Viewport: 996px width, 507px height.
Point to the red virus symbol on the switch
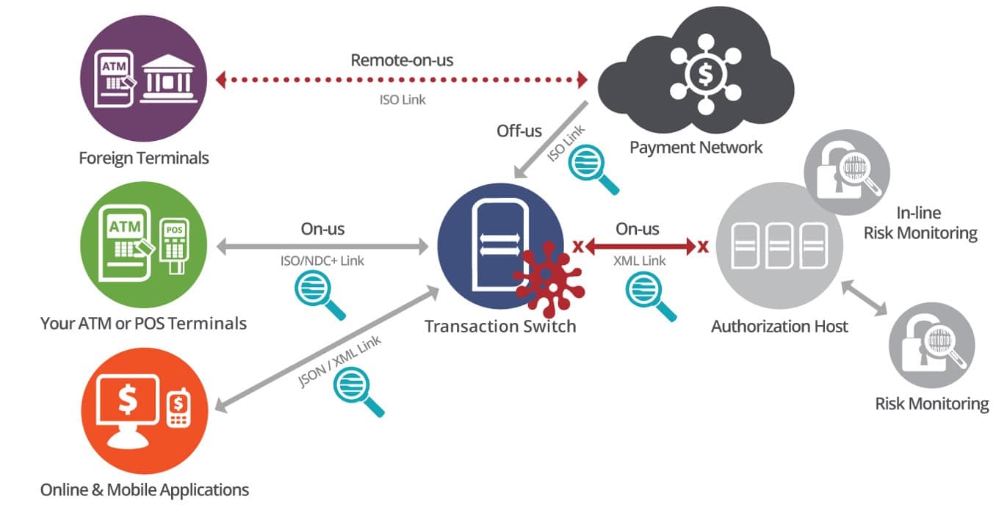point(549,279)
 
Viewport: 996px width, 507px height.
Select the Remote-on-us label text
point(402,59)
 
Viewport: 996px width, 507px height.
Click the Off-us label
point(519,131)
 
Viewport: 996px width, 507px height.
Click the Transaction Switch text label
point(500,326)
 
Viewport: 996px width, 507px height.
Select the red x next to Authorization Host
point(703,246)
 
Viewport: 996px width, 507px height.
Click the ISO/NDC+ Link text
point(322,259)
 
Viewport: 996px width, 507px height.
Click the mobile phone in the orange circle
point(178,409)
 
